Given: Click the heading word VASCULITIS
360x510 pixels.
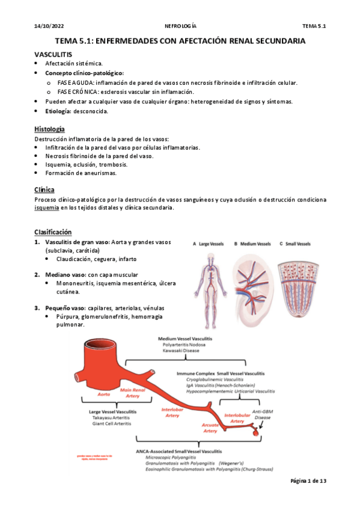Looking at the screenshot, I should pyautogui.click(x=53, y=54).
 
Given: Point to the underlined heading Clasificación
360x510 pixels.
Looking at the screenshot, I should pyautogui.click(x=53, y=232).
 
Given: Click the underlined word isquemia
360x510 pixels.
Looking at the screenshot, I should pyautogui.click(x=46, y=207).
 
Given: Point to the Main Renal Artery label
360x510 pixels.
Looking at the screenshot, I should pyautogui.click(x=133, y=393).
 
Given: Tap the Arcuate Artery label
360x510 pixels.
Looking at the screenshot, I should pyautogui.click(x=210, y=428).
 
